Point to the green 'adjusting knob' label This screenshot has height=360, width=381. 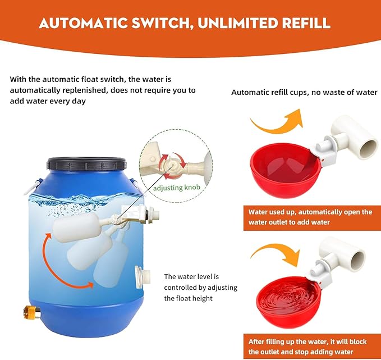tap(178, 188)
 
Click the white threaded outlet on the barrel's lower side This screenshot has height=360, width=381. tap(141, 277)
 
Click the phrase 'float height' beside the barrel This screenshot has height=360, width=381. tap(196, 298)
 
